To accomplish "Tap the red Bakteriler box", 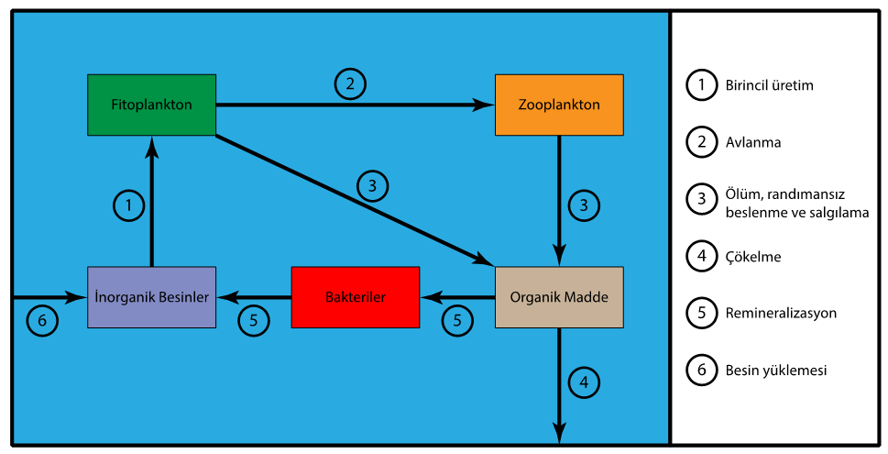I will point(355,297).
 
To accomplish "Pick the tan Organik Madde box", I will point(559,297).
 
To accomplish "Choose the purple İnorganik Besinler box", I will point(151,297).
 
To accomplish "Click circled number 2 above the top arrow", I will point(349,84).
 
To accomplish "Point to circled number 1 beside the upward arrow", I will point(129,205).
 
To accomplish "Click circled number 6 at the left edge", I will point(42,321).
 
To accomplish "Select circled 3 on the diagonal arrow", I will point(372,185).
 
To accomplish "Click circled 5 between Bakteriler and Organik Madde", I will point(458,321).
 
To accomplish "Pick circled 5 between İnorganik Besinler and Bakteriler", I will point(254,321).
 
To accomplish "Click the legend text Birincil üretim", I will point(769,85).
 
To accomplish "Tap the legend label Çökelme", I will point(752,257).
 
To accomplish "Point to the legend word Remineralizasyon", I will point(780,313).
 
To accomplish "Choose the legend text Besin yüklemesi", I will point(775,371).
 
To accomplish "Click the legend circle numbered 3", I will point(701,199).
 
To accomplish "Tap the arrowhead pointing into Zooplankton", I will point(483,105).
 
